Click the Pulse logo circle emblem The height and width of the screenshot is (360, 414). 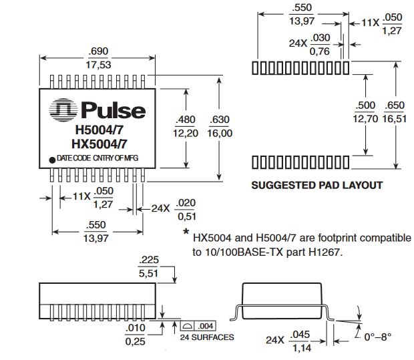point(63,110)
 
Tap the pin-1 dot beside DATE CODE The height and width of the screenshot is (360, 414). point(52,160)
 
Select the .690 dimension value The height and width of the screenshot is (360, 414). point(98,51)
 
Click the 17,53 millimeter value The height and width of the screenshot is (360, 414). point(98,65)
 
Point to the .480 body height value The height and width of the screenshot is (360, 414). point(186,120)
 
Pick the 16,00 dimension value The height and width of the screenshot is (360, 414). point(220,133)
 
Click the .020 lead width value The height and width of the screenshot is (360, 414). point(186,203)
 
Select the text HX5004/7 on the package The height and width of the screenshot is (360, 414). point(99,144)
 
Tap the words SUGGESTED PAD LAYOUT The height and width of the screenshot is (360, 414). point(317,185)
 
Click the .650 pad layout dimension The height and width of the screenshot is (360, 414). point(395,105)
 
